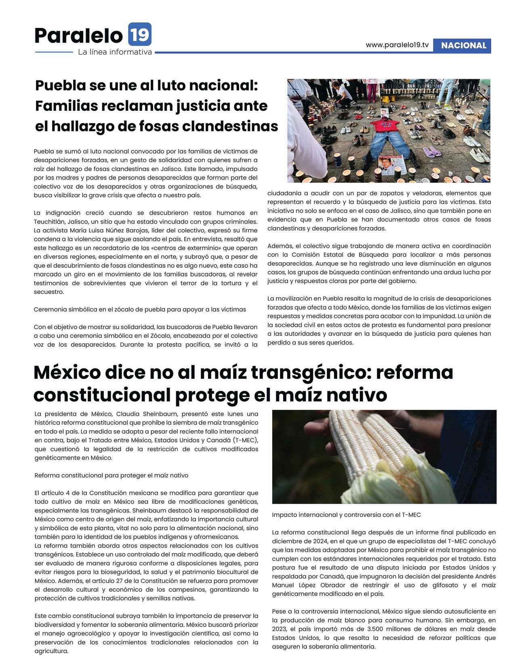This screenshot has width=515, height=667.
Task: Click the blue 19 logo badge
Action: pyautogui.click(x=140, y=34)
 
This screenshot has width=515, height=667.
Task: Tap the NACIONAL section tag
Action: pyautogui.click(x=463, y=46)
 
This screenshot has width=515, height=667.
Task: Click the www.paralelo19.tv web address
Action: pyautogui.click(x=397, y=45)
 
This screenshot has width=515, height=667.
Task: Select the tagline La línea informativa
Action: pyautogui.click(x=115, y=52)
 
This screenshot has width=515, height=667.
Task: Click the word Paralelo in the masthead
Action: pyautogui.click(x=78, y=35)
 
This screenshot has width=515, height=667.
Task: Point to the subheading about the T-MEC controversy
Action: pyautogui.click(x=346, y=515)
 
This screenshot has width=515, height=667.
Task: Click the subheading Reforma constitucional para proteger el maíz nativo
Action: pyautogui.click(x=111, y=475)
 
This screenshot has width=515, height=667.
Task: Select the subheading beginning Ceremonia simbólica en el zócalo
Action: pyautogui.click(x=140, y=309)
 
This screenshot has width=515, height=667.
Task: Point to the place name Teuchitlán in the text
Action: pyautogui.click(x=48, y=222)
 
